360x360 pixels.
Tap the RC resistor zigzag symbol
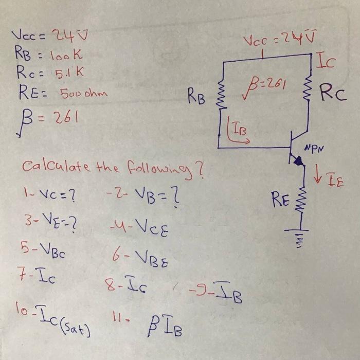(x=309, y=93)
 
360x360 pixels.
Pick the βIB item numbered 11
(x=149, y=322)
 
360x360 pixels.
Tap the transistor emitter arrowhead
(x=297, y=161)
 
